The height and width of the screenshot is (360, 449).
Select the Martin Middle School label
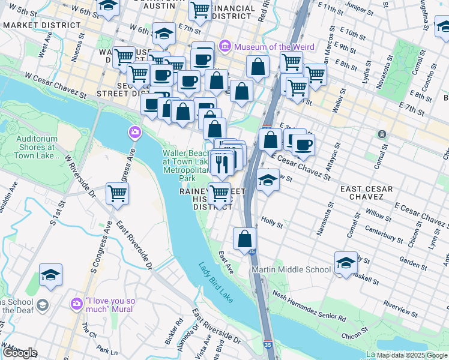[x=291, y=269]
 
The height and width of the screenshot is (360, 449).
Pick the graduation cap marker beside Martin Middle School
[x=346, y=263]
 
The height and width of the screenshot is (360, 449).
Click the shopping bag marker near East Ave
[x=244, y=239]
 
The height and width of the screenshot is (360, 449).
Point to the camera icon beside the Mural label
[x=77, y=303]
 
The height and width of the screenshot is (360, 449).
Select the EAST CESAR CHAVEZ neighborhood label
[x=366, y=193]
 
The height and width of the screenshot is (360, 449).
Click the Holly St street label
[x=272, y=223]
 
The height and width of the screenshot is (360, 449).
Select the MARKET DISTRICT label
[x=41, y=26]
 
